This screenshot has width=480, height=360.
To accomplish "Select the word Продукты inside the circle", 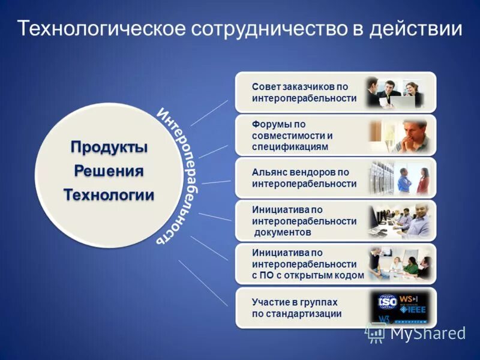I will click(x=109, y=147).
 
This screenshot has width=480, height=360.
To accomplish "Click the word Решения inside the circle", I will click(x=109, y=171).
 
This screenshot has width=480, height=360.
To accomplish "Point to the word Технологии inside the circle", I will click(x=109, y=195).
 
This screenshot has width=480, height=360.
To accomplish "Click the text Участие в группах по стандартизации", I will click(x=297, y=308).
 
